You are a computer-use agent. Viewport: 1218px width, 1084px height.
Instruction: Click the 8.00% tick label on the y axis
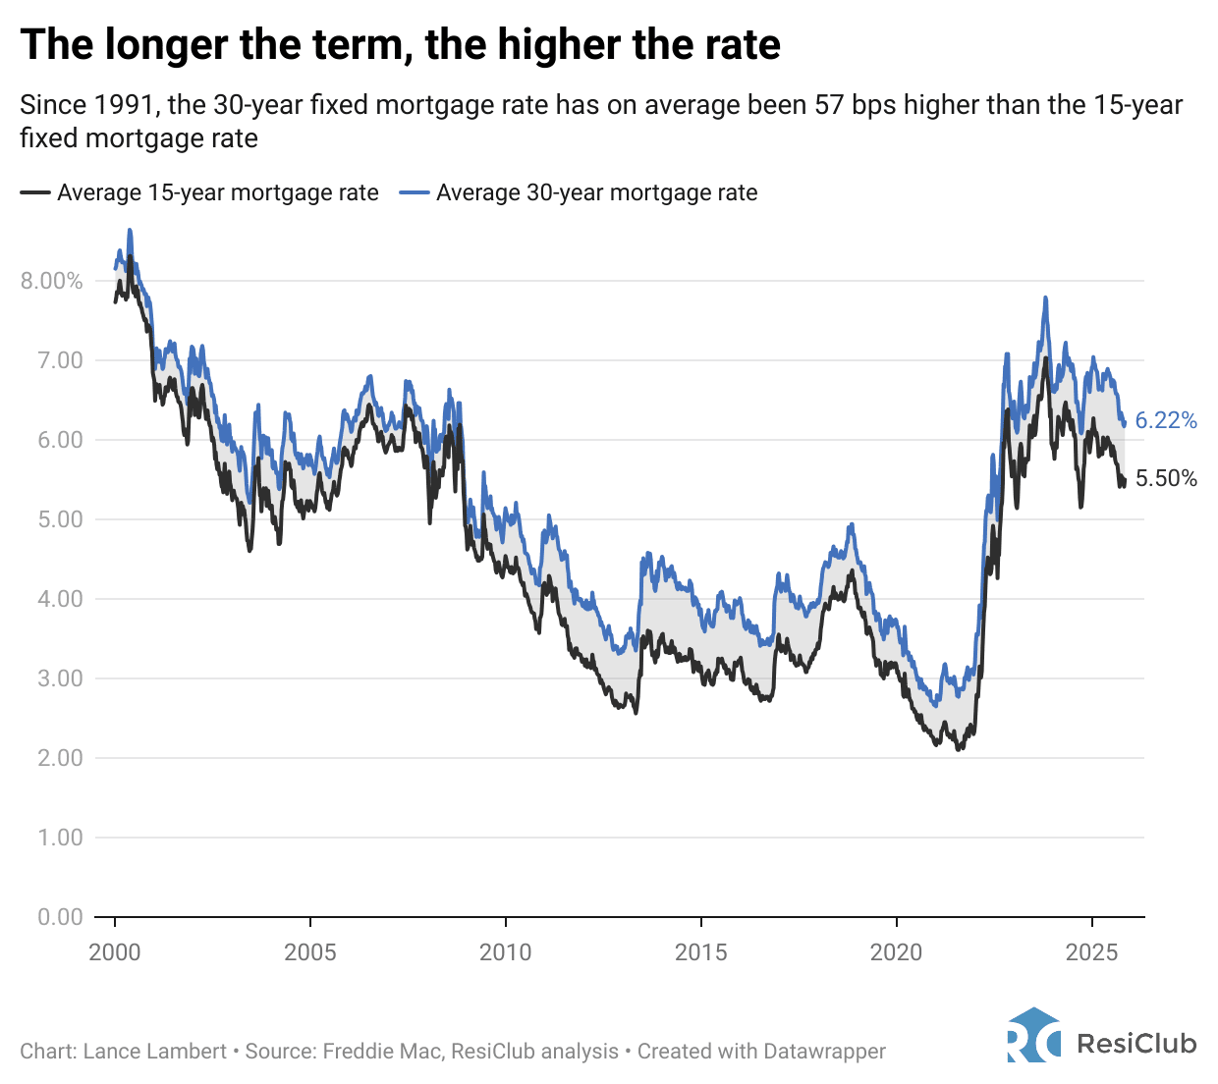tap(52, 281)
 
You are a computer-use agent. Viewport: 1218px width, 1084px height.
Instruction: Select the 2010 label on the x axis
tap(505, 951)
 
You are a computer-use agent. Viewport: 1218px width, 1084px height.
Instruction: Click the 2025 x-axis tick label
tap(1091, 951)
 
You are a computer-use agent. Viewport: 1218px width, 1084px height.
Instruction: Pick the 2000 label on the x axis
tap(115, 951)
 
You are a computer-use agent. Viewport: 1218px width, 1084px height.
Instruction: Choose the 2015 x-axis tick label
tap(700, 951)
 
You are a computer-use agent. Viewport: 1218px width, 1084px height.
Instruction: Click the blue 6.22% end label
tap(1166, 421)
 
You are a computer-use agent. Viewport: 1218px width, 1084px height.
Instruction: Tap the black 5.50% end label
tap(1166, 479)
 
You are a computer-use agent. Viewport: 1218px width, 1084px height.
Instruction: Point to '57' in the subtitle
tap(830, 105)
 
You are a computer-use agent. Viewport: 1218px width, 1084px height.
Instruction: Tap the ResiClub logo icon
tap(1033, 1036)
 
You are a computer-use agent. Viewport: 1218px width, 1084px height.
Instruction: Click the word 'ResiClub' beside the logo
tap(1136, 1043)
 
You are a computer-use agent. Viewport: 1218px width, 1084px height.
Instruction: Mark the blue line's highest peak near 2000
tap(130, 231)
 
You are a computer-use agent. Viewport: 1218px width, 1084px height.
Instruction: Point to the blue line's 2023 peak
tap(1045, 298)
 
